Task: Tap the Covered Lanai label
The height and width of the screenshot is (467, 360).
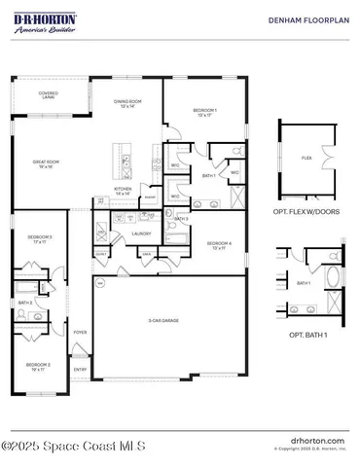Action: pos(49,95)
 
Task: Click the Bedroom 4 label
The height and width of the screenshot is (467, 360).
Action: pos(218,244)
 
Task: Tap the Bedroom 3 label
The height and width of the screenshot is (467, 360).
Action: pos(39,238)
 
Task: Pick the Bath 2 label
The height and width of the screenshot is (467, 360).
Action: pos(25,304)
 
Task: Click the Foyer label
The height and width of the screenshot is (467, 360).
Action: pos(80,332)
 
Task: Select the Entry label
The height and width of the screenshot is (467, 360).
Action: pos(80,369)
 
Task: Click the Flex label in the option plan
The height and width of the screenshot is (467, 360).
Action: pos(306,157)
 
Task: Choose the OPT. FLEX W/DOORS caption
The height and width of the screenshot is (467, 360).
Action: pos(308,211)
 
